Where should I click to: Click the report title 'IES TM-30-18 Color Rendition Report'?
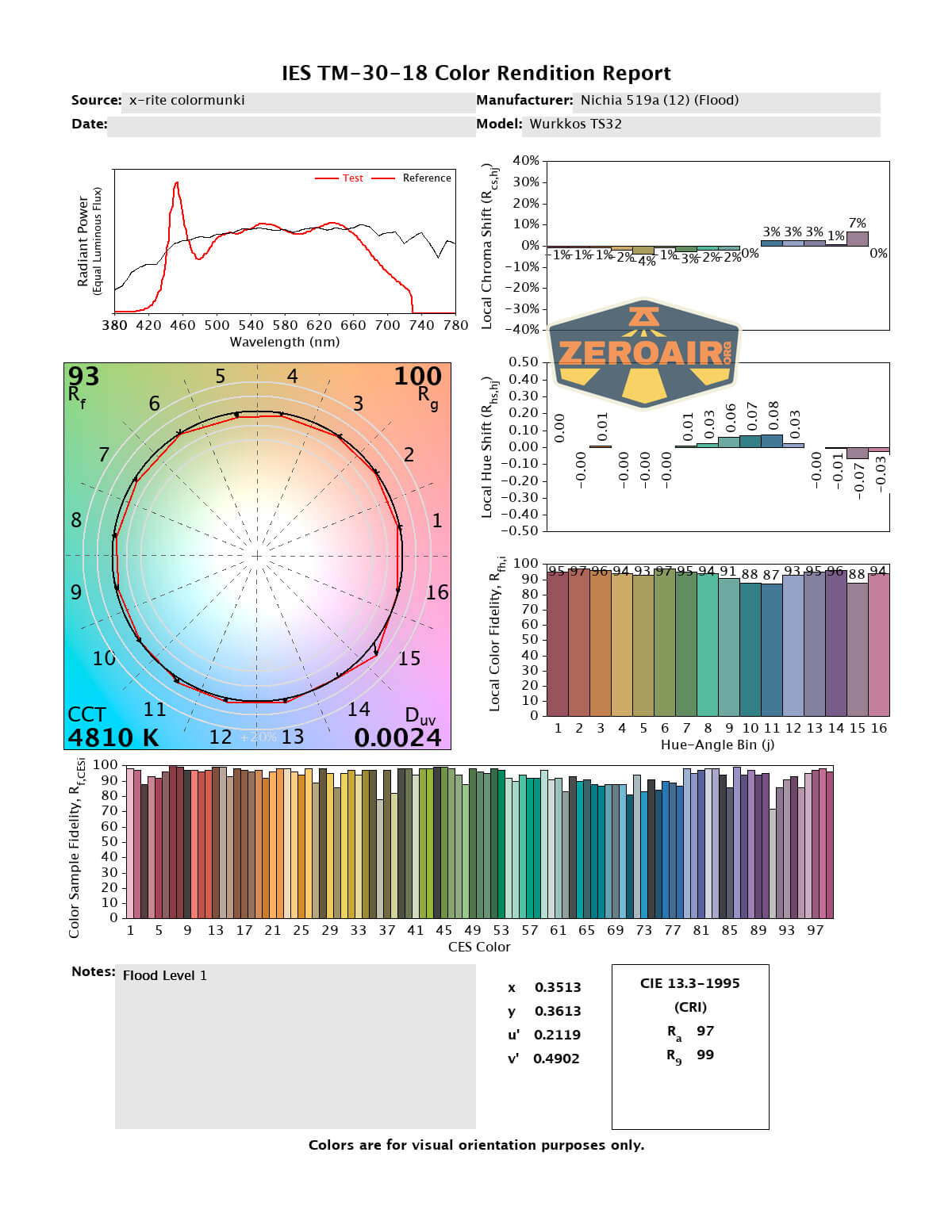coord(476,73)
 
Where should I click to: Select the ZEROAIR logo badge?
coord(643,354)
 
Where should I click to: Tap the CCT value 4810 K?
coord(113,737)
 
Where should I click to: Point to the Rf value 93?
coord(83,376)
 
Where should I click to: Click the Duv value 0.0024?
coord(397,737)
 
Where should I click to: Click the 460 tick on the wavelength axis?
coord(182,325)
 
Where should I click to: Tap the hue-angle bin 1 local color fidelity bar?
coord(557,642)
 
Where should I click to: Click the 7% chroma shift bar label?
coord(857,224)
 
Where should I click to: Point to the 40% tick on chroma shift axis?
coord(526,161)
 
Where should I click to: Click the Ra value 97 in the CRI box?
coord(705,1031)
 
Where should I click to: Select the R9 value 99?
coord(705,1055)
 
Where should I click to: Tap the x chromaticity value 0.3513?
coord(558,987)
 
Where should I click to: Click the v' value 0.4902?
coord(556,1059)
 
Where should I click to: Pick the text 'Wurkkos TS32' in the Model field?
coord(575,124)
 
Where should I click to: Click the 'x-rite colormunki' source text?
coord(186,100)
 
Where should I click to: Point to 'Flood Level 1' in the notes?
coord(164,975)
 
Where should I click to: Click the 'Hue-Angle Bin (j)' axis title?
coord(717,745)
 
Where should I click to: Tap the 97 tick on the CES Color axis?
coord(816,930)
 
